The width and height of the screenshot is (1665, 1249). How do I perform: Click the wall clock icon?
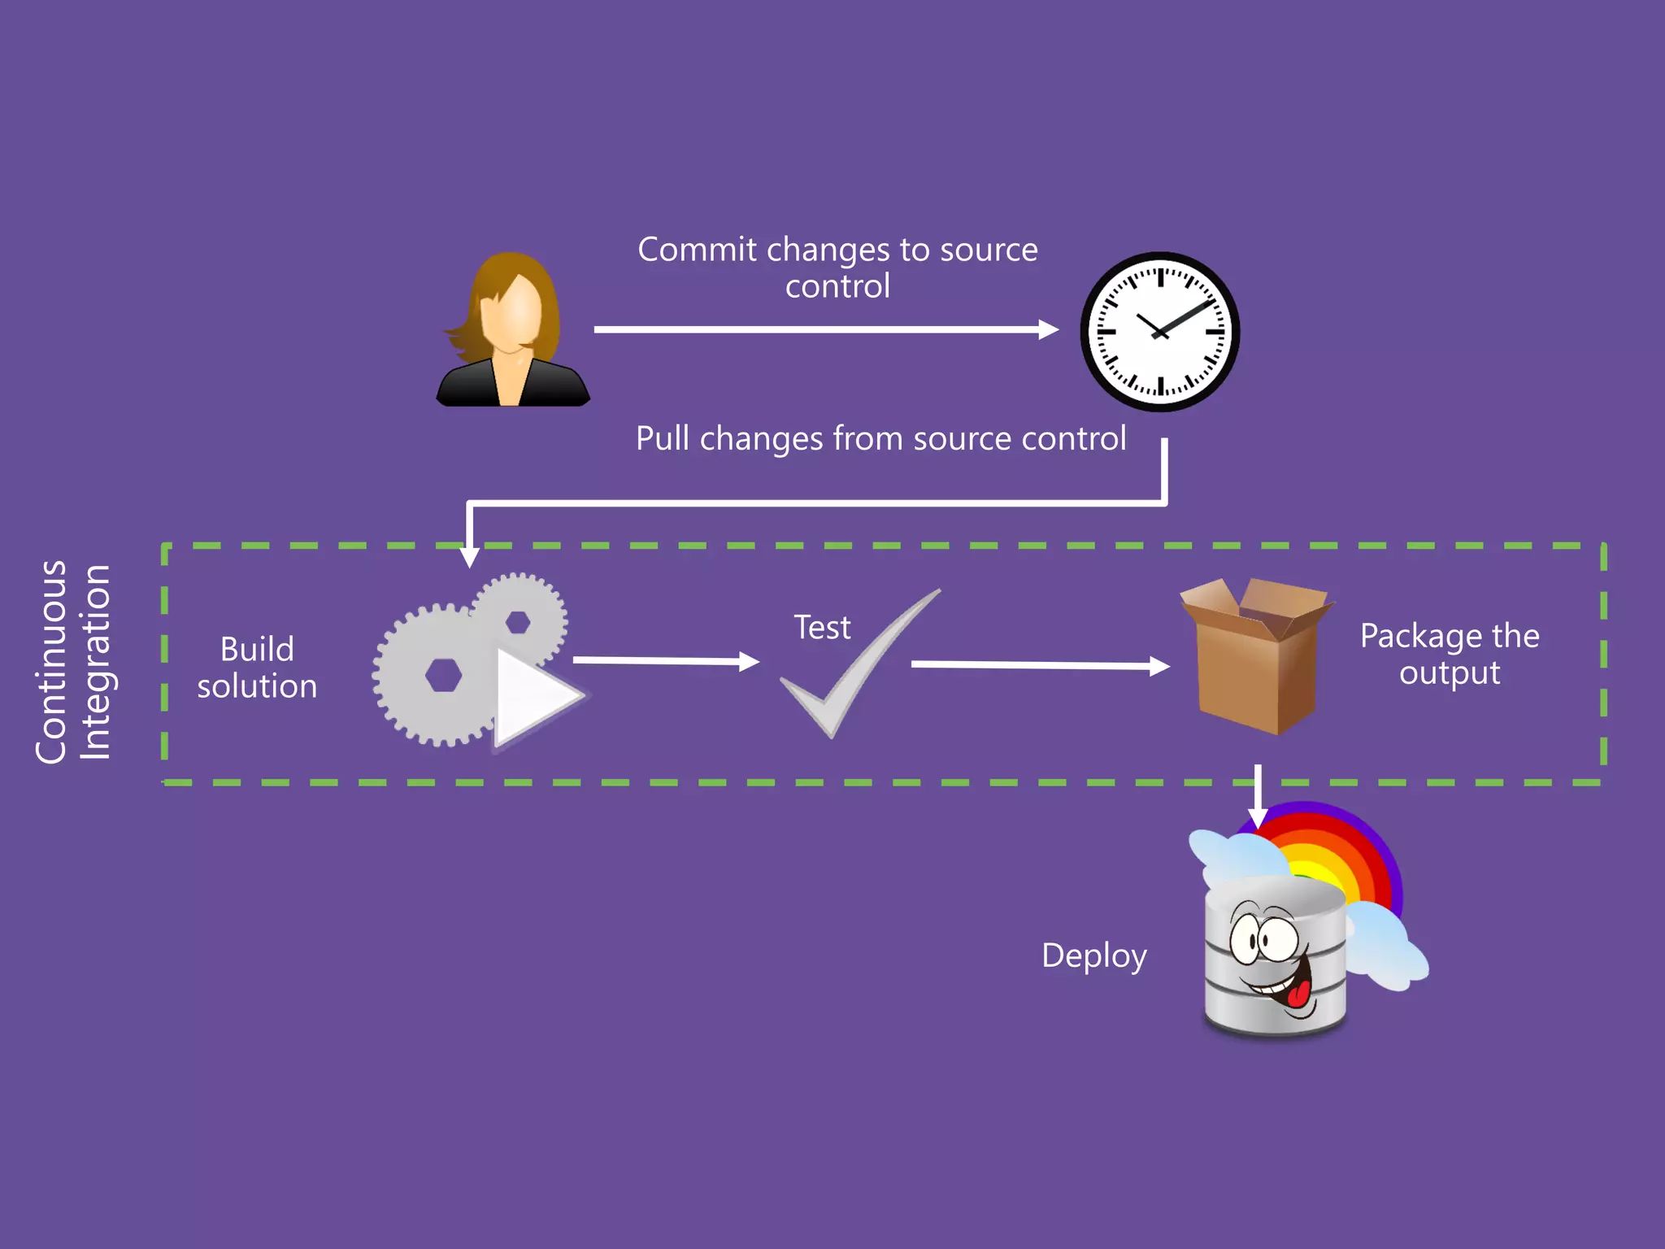1159,332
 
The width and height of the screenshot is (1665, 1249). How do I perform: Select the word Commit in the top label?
697,250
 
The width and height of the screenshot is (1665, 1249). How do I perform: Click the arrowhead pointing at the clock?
1049,329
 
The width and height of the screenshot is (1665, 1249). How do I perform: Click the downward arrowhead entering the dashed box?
469,557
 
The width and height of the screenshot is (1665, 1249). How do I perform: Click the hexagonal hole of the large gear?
443,675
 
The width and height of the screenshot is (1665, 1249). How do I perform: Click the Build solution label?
257,668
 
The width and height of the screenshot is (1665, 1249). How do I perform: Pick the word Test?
822,628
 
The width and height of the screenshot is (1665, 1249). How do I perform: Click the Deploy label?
1093,955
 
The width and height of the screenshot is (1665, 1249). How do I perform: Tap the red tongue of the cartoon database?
1298,994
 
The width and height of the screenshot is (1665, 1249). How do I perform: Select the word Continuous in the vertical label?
51,662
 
